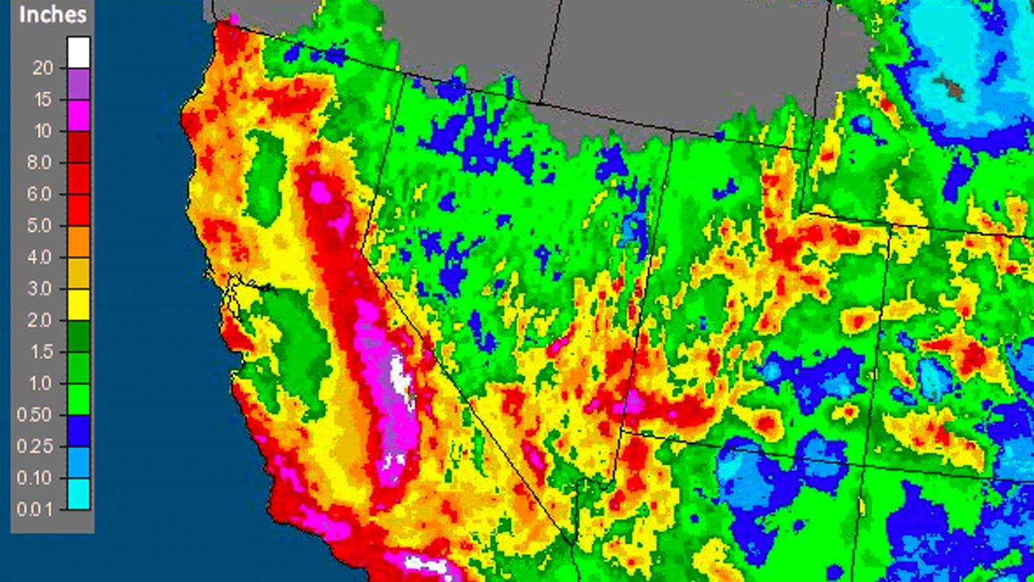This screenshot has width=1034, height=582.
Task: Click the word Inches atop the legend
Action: [x=52, y=14]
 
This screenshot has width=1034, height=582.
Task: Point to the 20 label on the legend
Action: [x=42, y=68]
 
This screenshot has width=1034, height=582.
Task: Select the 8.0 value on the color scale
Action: [x=39, y=163]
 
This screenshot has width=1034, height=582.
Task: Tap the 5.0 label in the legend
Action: [x=39, y=225]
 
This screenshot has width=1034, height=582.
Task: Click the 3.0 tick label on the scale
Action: [x=39, y=289]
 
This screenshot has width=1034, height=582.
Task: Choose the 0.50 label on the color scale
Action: [x=34, y=414]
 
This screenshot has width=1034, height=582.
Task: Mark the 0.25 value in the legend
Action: [x=34, y=446]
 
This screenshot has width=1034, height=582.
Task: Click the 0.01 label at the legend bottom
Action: [x=34, y=510]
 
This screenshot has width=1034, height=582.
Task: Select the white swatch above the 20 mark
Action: [x=79, y=52]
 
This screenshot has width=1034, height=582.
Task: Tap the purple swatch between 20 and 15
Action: [x=79, y=83]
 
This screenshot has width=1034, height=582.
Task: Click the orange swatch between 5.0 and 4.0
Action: [x=79, y=241]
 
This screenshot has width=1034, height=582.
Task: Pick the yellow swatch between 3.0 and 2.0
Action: [x=79, y=304]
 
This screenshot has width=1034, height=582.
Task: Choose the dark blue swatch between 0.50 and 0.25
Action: [x=79, y=430]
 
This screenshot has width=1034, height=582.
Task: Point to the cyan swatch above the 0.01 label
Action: [x=79, y=494]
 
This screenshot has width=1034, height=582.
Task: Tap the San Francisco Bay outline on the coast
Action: [x=238, y=290]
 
